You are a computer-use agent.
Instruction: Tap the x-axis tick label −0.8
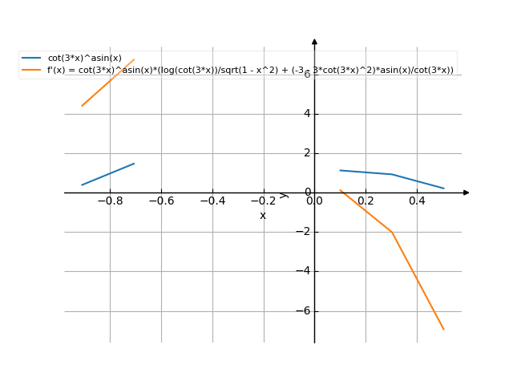click(110, 201)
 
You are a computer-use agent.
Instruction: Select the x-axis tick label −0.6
click(161, 201)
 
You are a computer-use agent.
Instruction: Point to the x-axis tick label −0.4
click(212, 201)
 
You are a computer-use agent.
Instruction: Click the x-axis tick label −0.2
click(264, 201)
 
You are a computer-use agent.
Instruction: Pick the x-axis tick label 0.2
click(366, 201)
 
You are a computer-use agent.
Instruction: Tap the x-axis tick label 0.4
click(417, 201)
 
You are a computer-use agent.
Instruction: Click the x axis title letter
click(263, 215)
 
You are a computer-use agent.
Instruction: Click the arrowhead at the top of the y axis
click(314, 41)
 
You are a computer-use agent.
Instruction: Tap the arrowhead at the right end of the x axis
click(467, 192)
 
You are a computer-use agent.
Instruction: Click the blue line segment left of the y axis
click(108, 174)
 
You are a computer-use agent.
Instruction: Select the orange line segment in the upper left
click(108, 83)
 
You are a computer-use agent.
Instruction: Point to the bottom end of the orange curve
click(443, 329)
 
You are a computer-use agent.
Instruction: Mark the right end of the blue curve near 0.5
click(443, 188)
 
